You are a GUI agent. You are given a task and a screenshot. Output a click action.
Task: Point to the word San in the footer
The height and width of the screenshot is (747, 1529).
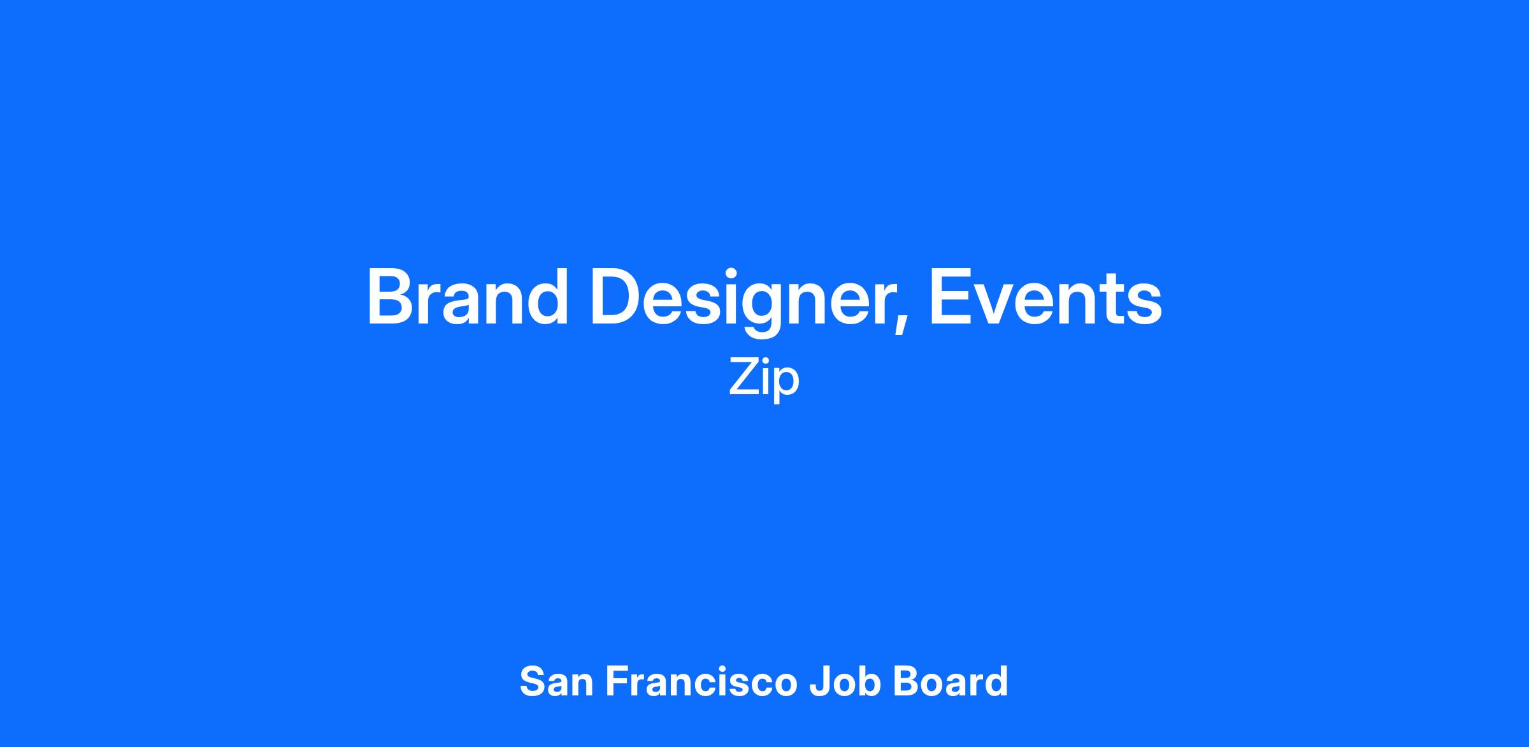[557, 681]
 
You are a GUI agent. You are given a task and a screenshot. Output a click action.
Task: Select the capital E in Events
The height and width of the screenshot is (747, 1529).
[951, 297]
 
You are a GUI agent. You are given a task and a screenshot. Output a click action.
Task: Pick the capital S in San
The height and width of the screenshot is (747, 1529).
[533, 681]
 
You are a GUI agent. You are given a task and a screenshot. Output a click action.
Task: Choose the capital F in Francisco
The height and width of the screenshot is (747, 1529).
[616, 681]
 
